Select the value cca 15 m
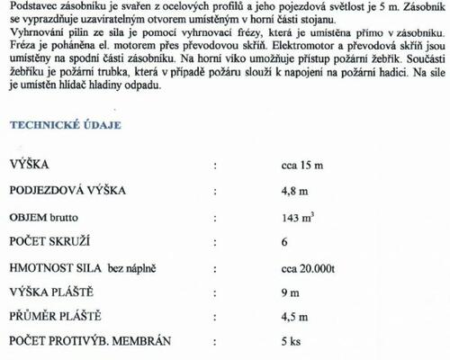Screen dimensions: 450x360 coord(303,166)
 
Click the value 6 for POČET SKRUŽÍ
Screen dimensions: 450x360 coord(284,242)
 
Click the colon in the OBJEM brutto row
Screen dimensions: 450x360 coord(214,217)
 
